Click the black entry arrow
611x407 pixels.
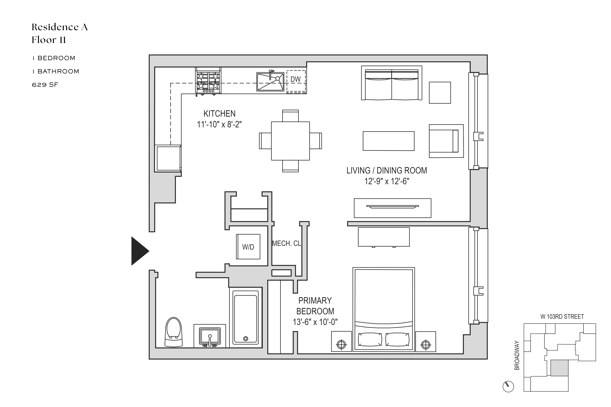139,251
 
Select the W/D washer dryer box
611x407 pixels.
248,247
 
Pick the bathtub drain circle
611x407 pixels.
245,338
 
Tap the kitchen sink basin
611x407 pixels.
270,81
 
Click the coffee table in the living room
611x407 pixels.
388,141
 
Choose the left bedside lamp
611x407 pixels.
341,345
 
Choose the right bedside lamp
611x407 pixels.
426,345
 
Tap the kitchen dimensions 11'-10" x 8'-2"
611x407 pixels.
219,125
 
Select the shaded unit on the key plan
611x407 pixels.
559,368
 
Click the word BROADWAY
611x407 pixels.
517,355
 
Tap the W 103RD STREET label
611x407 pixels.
562,317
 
